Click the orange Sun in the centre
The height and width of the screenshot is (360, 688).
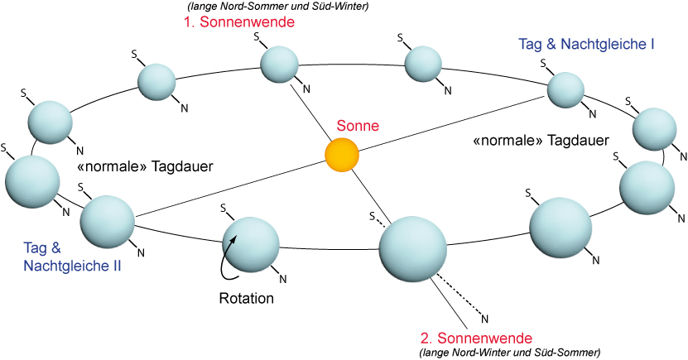pyautogui.click(x=341, y=155)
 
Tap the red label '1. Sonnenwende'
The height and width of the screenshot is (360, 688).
pyautogui.click(x=239, y=22)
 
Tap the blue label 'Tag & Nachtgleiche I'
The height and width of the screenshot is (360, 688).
pyautogui.click(x=586, y=43)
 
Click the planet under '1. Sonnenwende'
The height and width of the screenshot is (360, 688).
pyautogui.click(x=280, y=65)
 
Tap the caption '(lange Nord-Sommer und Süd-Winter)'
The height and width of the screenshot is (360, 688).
pyautogui.click(x=267, y=7)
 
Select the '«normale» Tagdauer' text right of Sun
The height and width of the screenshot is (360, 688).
pyautogui.click(x=541, y=140)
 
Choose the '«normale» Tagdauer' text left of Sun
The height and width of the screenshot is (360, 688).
pyautogui.click(x=145, y=166)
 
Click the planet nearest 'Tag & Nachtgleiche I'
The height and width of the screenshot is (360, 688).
pyautogui.click(x=567, y=89)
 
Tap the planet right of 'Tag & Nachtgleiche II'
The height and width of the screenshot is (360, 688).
pyautogui.click(x=108, y=221)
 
